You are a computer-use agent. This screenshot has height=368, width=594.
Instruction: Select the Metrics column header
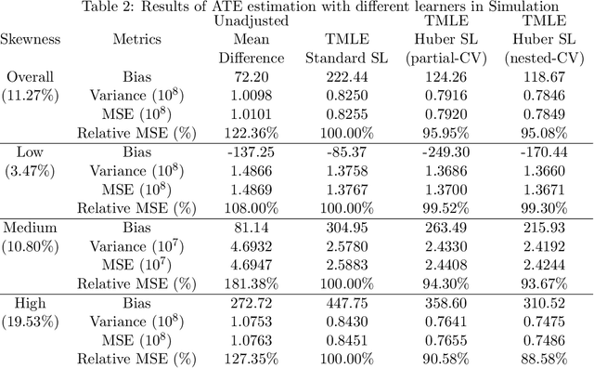pyautogui.click(x=136, y=40)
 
